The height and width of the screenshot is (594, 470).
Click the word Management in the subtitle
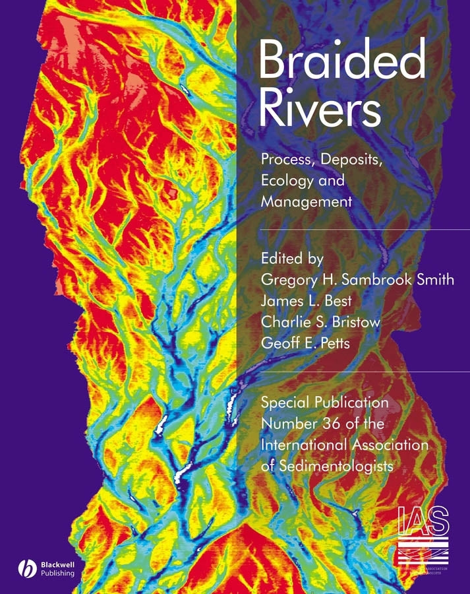click(307, 202)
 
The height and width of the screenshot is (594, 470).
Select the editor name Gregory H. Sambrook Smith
click(358, 280)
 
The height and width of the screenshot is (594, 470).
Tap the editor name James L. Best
click(306, 301)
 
